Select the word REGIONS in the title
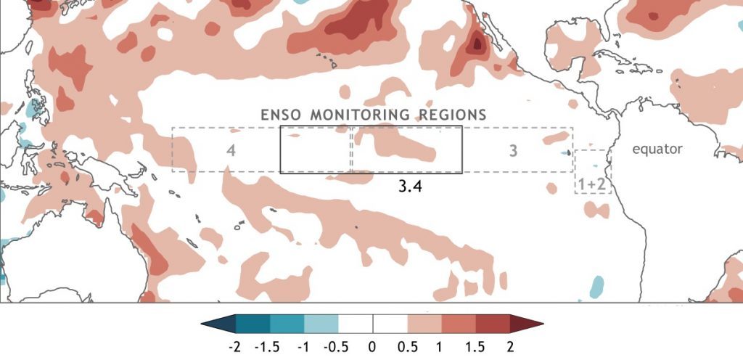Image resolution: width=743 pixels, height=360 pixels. pyautogui.click(x=453, y=115)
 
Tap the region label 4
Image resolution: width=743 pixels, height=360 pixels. pyautogui.click(x=231, y=151)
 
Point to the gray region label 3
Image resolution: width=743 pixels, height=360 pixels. pyautogui.click(x=513, y=151)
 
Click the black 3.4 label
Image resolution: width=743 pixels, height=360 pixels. pyautogui.click(x=410, y=186)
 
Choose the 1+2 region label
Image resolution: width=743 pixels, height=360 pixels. pyautogui.click(x=592, y=184)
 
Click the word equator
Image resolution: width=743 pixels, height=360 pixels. pyautogui.click(x=657, y=150)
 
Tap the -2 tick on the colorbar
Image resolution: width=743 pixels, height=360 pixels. pyautogui.click(x=234, y=347)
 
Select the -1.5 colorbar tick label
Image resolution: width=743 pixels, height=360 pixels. pyautogui.click(x=267, y=347)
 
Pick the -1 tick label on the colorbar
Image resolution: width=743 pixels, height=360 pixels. pyautogui.click(x=303, y=347)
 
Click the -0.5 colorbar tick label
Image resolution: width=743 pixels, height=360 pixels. pyautogui.click(x=336, y=347)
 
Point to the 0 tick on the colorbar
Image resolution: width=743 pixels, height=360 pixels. pyautogui.click(x=372, y=347)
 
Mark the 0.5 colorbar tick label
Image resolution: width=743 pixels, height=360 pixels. pyautogui.click(x=407, y=347)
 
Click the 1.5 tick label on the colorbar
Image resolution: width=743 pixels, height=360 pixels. pyautogui.click(x=476, y=347)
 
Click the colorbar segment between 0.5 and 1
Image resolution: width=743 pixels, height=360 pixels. pyautogui.click(x=424, y=324)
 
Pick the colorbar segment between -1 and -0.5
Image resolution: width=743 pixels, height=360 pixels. pyautogui.click(x=321, y=324)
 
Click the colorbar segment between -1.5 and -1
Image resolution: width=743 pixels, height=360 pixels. pyautogui.click(x=287, y=324)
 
